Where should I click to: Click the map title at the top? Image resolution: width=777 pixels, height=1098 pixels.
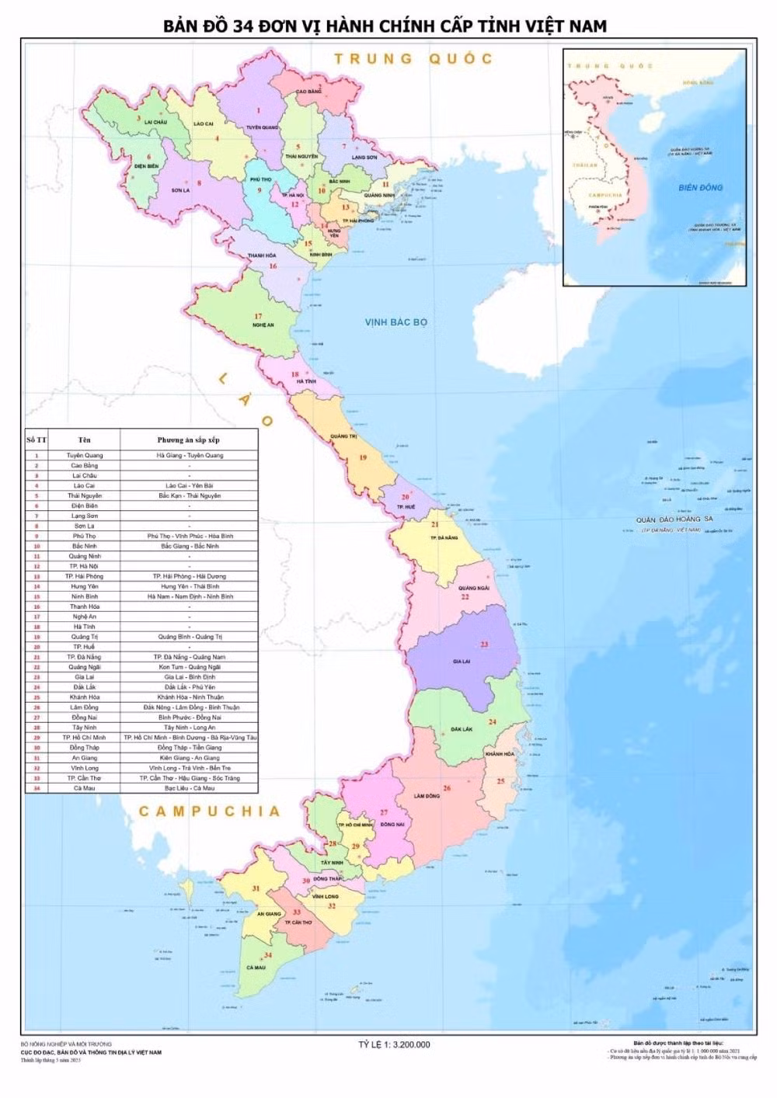[385, 26]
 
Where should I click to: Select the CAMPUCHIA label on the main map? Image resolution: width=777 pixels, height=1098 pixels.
[209, 811]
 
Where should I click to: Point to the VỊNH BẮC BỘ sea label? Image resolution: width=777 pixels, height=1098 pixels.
[397, 321]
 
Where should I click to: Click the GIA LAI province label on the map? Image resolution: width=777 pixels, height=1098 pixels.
[462, 662]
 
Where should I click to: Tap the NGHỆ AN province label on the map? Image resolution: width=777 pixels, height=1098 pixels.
[263, 325]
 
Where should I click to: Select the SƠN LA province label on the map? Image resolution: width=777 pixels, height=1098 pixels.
[180, 189]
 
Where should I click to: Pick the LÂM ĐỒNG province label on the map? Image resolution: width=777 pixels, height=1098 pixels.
[427, 796]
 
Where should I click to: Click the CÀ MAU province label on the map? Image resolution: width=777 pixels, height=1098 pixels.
[256, 968]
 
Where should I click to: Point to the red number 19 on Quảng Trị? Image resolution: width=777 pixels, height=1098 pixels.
[362, 457]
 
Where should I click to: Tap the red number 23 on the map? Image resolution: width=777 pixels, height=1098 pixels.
[484, 645]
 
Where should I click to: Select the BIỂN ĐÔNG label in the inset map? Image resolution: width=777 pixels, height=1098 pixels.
[700, 187]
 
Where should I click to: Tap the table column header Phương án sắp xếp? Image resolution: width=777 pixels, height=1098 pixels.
[189, 440]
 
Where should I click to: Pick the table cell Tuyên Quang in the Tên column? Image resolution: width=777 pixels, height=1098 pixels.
[84, 455]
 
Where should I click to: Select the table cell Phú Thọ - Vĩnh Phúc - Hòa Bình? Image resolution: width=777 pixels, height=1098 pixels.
[189, 536]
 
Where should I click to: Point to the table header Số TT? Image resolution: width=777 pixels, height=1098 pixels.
[36, 440]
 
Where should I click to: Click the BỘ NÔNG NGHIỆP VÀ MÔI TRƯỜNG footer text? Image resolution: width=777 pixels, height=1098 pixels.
[66, 1044]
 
